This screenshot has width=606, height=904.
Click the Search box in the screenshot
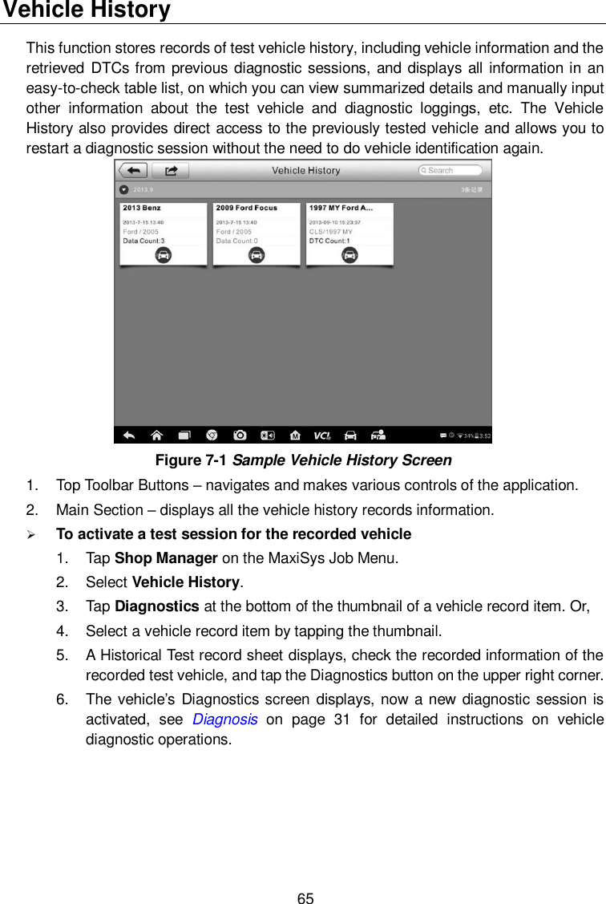pos(450,170)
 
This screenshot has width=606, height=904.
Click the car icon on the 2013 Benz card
pos(163,255)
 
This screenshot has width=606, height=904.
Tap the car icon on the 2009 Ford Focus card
pos(257,255)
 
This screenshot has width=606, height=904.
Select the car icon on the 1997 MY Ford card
pos(349,255)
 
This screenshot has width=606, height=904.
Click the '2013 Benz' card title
pos(142,208)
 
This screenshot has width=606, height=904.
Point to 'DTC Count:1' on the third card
pos(329,241)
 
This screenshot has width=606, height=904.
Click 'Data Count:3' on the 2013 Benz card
pos(143,241)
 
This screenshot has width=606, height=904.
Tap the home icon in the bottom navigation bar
pos(156,436)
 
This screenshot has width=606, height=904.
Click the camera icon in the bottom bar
pos(240,436)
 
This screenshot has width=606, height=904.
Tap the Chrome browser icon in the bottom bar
pos(212,436)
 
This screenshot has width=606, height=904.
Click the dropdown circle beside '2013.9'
pos(123,190)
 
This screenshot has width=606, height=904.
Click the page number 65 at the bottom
pos(305,898)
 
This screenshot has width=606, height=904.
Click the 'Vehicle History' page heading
pos(85,10)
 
